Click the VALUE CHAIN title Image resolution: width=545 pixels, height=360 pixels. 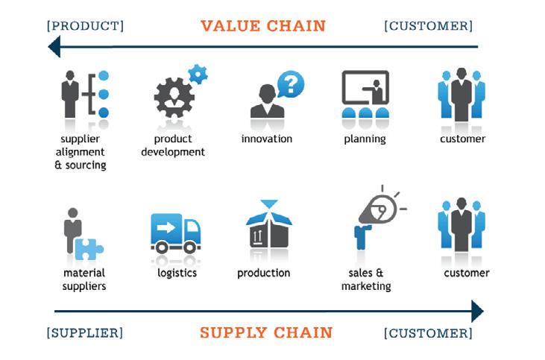[263, 26]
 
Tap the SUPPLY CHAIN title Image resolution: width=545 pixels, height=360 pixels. [265, 332]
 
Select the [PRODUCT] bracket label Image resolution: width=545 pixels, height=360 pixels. [85, 26]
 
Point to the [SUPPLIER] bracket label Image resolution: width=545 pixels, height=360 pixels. [84, 332]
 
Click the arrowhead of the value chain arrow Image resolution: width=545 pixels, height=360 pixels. [54, 47]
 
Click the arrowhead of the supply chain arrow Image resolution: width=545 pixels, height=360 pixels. [477, 311]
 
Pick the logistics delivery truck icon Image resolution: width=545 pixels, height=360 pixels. [176, 233]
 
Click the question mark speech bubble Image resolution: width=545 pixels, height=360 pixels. [292, 84]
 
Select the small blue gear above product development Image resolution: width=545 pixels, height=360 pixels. [198, 74]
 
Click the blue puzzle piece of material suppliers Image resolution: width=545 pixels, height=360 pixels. [89, 247]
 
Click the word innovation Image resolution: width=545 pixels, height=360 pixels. [267, 139]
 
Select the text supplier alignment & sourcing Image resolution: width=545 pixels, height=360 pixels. [81, 152]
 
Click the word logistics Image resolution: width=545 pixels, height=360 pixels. [177, 273]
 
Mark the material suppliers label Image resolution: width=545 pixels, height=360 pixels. [84, 280]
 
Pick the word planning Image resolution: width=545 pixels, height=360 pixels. [365, 139]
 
